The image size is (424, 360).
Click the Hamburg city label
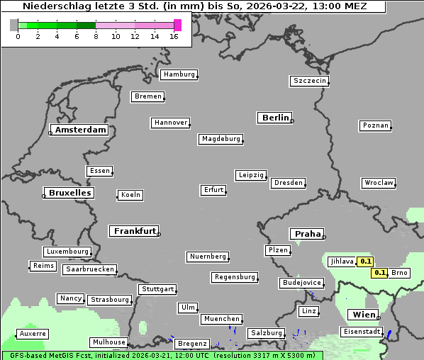click(178, 74)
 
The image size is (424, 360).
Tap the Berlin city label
click(275, 118)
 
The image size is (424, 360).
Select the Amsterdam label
click(80, 130)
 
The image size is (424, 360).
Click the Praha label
click(307, 234)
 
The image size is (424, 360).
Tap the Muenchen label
click(221, 319)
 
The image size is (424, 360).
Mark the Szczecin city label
click(309, 81)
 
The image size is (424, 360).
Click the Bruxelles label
click(69, 193)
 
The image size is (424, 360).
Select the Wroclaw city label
click(378, 183)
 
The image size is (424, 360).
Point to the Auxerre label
click(33, 333)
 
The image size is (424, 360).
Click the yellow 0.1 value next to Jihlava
click(366, 261)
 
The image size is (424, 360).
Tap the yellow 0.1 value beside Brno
click(380, 273)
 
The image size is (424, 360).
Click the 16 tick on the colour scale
click(174, 36)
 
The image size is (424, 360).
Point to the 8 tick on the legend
click(96, 36)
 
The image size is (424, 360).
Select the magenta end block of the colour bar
click(177, 25)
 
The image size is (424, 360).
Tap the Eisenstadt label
click(362, 332)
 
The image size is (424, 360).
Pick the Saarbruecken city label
click(89, 269)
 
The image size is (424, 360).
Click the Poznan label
click(375, 125)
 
